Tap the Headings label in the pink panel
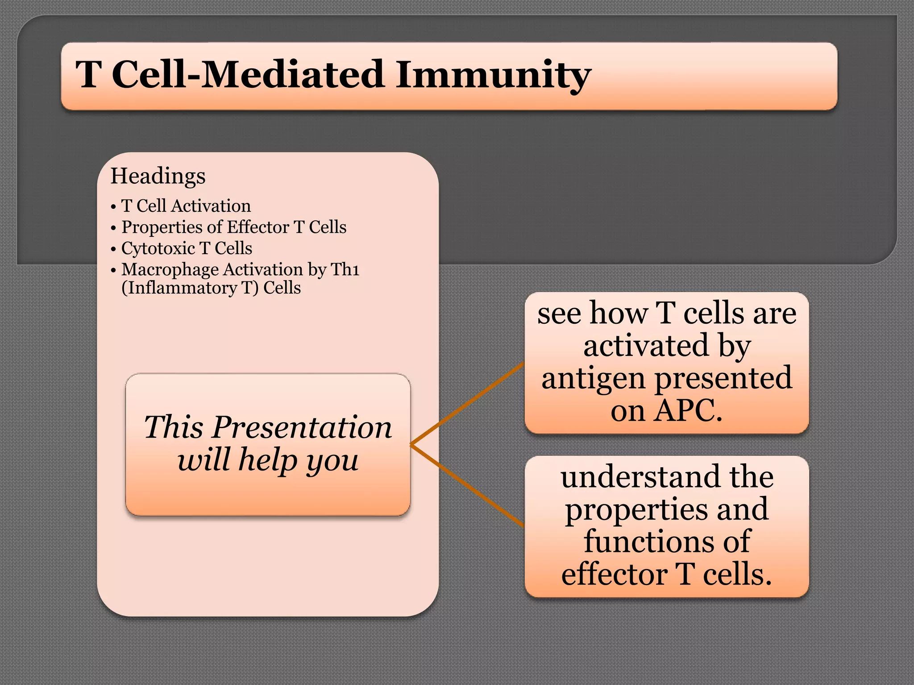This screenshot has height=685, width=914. click(158, 176)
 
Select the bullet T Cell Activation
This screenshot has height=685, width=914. click(186, 206)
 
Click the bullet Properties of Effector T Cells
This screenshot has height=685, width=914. click(233, 227)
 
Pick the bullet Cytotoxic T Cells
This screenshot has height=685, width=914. click(187, 248)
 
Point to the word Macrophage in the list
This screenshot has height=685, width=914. click(170, 270)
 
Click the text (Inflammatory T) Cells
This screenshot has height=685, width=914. click(211, 288)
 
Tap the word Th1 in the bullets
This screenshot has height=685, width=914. click(345, 270)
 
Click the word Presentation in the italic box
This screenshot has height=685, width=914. click(302, 427)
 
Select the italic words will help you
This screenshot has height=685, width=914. click(268, 460)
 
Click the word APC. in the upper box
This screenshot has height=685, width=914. click(688, 410)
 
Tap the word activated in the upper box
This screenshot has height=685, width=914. click(646, 346)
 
